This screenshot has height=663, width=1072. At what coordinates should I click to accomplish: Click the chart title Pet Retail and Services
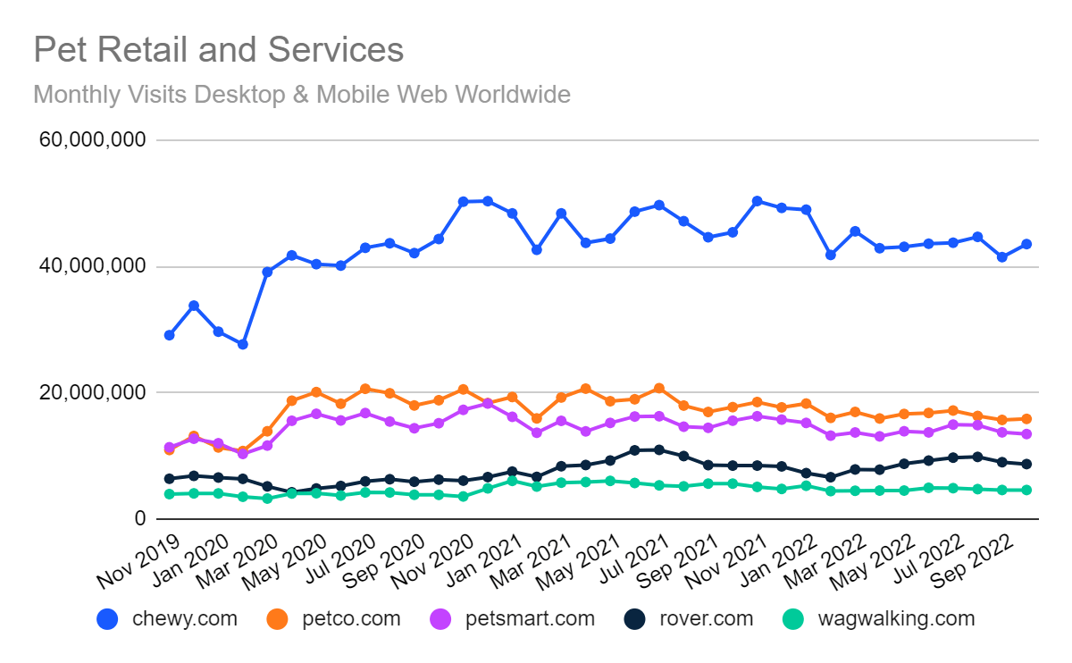[219, 50]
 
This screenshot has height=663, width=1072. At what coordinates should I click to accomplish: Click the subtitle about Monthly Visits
[302, 94]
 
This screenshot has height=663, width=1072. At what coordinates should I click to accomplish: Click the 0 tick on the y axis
[139, 518]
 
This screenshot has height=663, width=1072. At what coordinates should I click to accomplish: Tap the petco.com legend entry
[334, 618]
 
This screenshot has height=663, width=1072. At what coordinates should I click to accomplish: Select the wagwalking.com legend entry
[880, 618]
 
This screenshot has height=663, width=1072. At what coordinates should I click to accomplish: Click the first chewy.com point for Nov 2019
[169, 335]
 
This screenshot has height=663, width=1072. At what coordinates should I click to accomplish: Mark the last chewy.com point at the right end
[1026, 244]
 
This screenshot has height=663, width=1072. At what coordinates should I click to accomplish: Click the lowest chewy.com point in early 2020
[242, 344]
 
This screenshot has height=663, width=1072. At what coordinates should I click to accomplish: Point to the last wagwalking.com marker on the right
[1026, 490]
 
